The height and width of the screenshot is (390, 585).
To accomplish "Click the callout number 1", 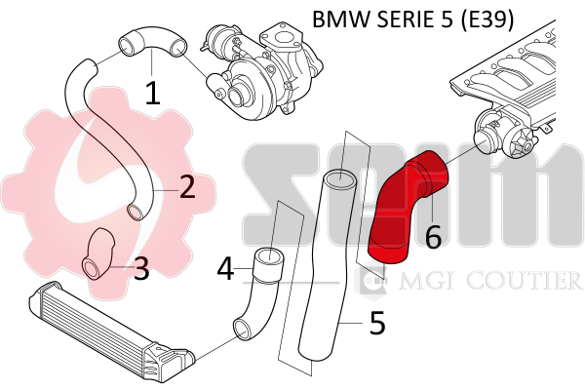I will pos(152,93).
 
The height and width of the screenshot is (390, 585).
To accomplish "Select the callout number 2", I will pos(186,182).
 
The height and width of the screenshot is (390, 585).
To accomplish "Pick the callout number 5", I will pos(377,323).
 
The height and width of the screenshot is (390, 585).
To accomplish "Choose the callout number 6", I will pos(434,235).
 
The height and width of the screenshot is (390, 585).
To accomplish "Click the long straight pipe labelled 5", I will pos(317,273).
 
